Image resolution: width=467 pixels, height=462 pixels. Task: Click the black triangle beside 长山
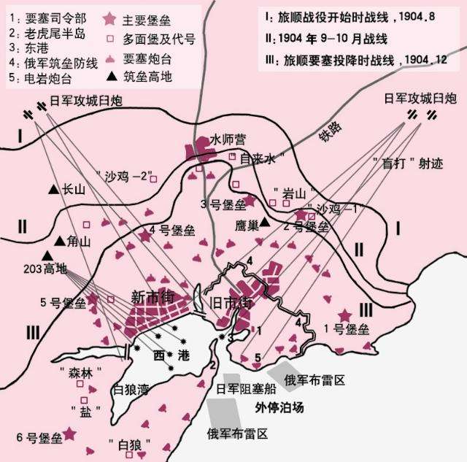(53, 189)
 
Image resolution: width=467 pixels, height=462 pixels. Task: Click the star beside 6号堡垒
(69, 434)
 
